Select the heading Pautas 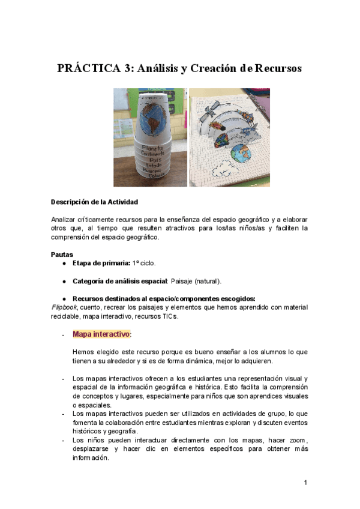pyautogui.click(x=61, y=254)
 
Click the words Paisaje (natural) pyautogui.click(x=196, y=281)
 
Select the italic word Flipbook pyautogui.click(x=65, y=307)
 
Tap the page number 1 pyautogui.click(x=305, y=482)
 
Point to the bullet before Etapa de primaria pyautogui.click(x=64, y=264)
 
